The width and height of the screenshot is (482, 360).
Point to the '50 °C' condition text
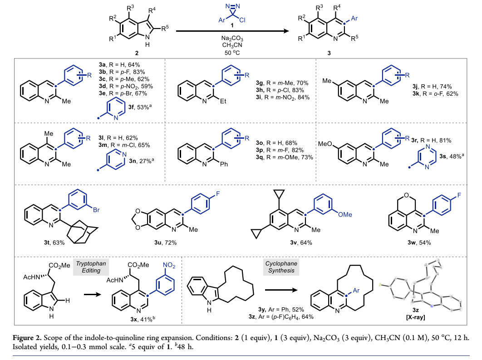[x=231, y=53]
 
